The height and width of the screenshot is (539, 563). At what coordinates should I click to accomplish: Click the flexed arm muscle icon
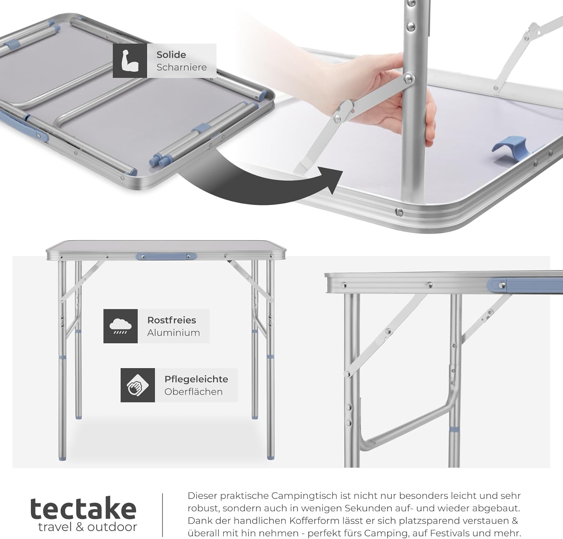point(130,61)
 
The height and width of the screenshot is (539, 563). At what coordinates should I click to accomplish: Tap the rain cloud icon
point(120,326)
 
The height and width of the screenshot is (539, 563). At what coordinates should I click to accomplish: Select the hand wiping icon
point(137,385)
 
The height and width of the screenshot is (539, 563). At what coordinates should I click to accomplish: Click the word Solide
point(171,55)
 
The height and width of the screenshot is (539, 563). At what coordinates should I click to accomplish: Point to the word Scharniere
point(182,67)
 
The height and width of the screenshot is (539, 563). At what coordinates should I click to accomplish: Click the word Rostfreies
point(172,320)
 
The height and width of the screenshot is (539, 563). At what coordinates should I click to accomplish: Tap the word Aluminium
point(173,333)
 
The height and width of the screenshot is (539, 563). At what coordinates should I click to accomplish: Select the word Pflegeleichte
point(196,379)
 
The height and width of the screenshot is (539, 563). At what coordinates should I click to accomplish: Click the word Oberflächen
point(193,392)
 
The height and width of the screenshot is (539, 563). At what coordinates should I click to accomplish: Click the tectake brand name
point(83,509)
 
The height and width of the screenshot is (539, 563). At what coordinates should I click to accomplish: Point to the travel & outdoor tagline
point(87,527)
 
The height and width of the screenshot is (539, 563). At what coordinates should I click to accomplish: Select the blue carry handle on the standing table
point(166,257)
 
